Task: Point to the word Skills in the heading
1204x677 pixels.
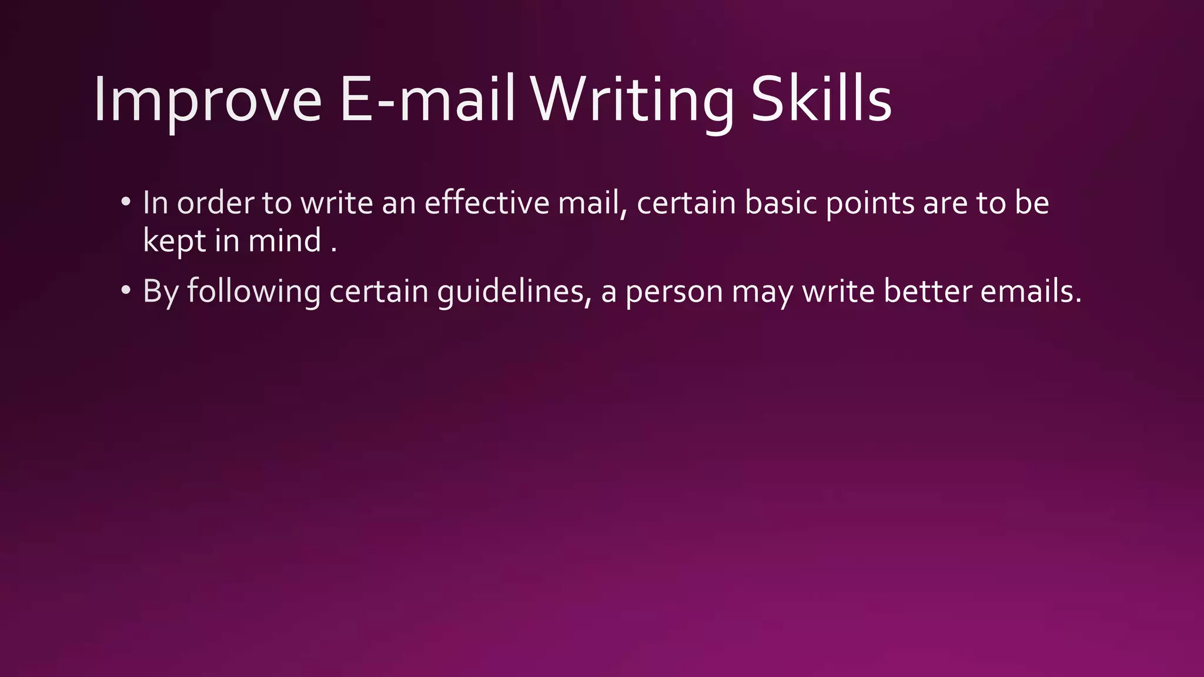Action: click(x=821, y=100)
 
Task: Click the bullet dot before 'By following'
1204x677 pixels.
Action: click(x=125, y=291)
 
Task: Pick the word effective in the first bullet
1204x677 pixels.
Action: click(x=487, y=203)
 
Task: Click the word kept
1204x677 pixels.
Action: click(x=174, y=241)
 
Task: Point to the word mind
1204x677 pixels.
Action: click(x=285, y=241)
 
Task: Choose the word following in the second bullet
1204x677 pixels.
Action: click(x=253, y=291)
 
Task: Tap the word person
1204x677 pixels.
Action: click(x=674, y=291)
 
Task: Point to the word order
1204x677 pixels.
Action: click(x=215, y=203)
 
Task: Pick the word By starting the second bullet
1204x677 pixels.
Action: click(x=160, y=291)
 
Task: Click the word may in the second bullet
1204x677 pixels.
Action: click(x=762, y=291)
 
